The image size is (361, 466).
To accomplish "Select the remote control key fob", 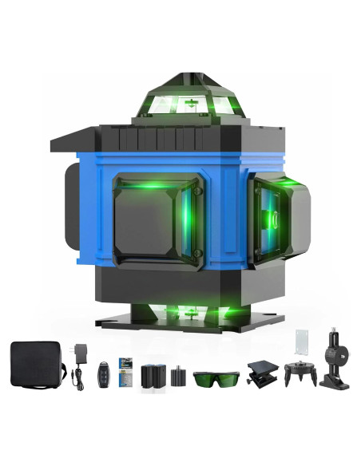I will coord(101,372).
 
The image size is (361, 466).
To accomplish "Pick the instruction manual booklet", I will coord(124,370).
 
